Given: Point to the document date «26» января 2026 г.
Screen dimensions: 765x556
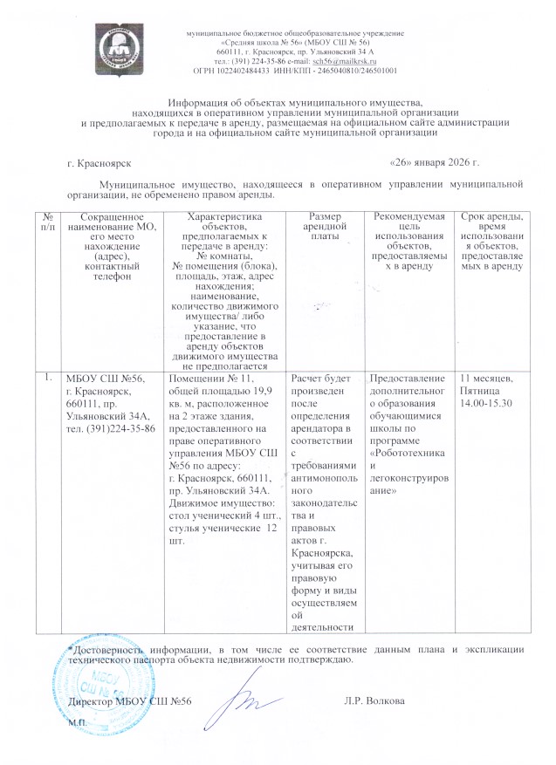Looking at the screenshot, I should click(434, 163).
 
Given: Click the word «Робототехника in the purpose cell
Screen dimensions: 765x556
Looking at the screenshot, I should click(408, 455).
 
